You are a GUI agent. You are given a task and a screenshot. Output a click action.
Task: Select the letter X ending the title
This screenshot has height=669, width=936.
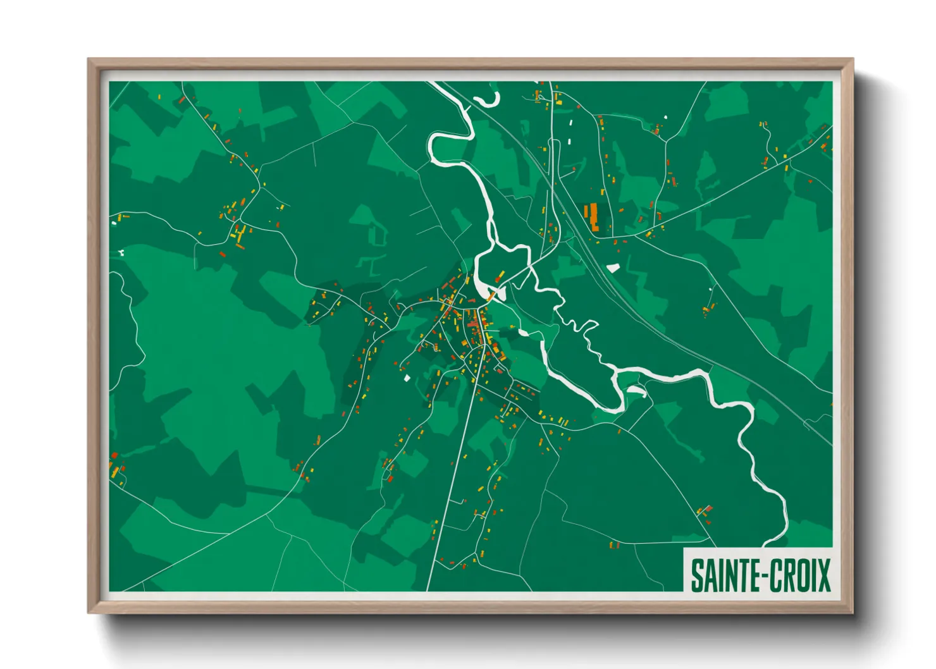pyautogui.click(x=823, y=575)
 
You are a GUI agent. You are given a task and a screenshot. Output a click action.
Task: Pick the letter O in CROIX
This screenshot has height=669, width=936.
pyautogui.click(x=801, y=575)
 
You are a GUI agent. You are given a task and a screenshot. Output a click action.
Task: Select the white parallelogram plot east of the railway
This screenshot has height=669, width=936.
pyautogui.click(x=613, y=267)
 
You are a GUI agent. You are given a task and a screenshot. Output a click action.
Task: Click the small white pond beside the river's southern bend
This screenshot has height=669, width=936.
pyautogui.click(x=636, y=391)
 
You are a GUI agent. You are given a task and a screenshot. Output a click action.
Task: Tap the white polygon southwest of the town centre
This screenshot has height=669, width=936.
pyautogui.click(x=407, y=378)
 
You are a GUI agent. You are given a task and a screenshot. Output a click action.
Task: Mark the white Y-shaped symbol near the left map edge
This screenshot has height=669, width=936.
pyautogui.click(x=120, y=253)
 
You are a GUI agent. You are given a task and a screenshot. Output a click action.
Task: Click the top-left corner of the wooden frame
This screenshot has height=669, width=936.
pyautogui.click(x=89, y=60)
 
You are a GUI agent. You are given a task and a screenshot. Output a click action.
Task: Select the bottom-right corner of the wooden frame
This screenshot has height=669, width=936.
pyautogui.click(x=852, y=612)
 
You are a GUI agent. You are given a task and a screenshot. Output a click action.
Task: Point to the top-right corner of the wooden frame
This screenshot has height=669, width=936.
pyautogui.click(x=852, y=60)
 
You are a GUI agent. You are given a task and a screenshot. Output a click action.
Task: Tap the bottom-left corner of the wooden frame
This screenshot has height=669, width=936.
pyautogui.click(x=89, y=612)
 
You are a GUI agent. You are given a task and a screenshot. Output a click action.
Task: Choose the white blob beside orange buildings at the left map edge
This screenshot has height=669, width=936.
pyautogui.click(x=114, y=223)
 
